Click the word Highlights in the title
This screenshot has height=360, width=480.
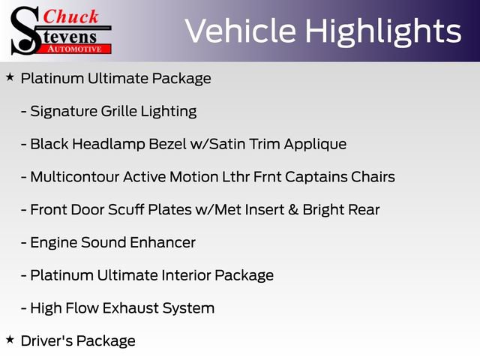pos(384,31)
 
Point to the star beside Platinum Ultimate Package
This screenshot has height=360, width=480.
pos(10,77)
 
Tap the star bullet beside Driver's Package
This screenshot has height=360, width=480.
pos(10,340)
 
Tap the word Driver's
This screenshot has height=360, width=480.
pos(46,340)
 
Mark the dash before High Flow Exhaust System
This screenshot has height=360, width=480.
pos(25,308)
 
